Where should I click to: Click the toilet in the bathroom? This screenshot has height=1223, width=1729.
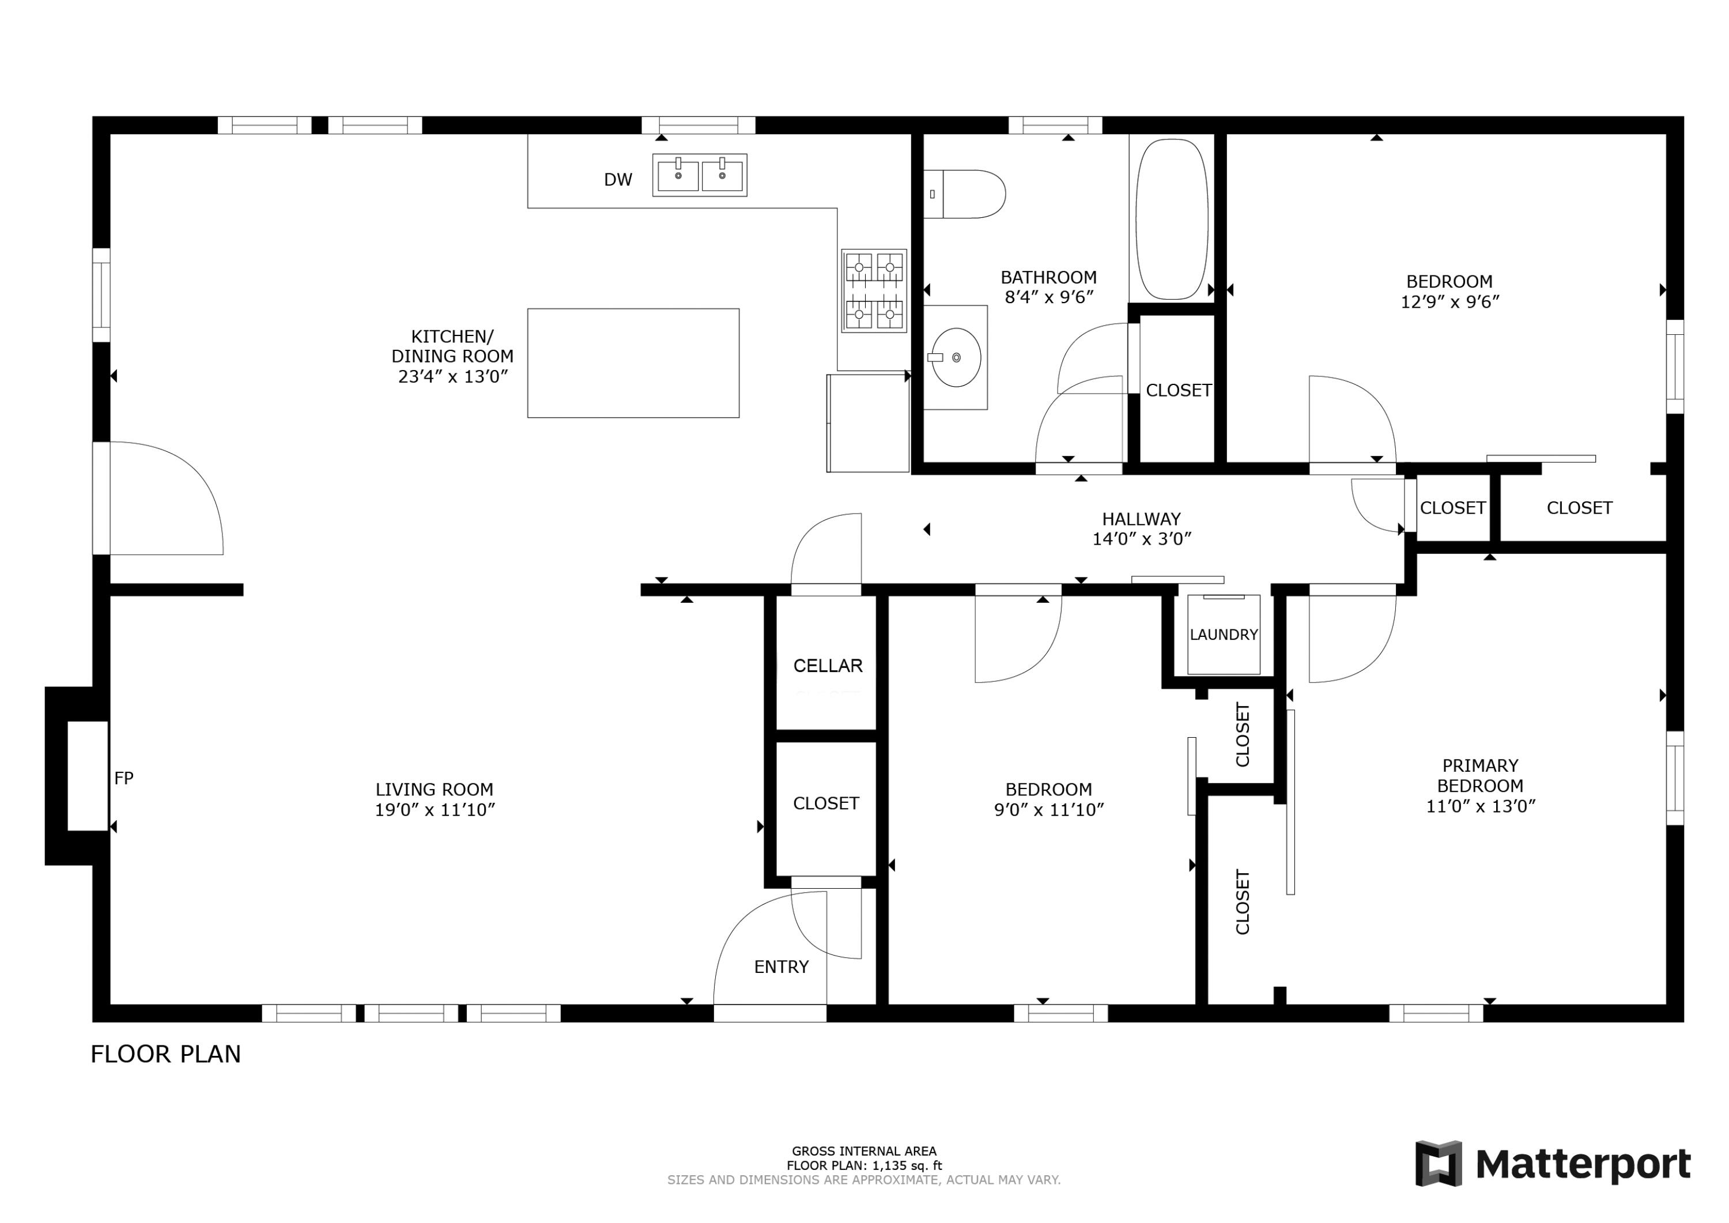click(968, 194)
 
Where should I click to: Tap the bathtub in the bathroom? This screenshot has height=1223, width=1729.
click(1172, 219)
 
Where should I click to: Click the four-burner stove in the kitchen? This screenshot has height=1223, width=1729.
click(874, 290)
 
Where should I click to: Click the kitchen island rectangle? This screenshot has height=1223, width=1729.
click(633, 363)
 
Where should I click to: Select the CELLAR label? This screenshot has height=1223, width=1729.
click(827, 666)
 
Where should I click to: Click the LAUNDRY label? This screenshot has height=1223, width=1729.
click(1223, 635)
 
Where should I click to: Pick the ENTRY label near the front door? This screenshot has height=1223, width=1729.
click(781, 967)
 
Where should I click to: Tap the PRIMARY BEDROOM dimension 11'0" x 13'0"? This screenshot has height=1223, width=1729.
click(1480, 806)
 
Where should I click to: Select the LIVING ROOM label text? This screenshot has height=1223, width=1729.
click(434, 789)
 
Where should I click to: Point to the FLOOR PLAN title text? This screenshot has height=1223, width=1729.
click(165, 1054)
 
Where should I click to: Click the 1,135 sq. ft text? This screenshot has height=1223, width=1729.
click(907, 1166)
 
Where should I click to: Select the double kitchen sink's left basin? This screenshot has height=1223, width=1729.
click(678, 175)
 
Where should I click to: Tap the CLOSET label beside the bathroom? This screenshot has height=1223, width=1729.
click(1178, 390)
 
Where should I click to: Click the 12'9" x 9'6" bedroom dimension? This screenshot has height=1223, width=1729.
click(1449, 302)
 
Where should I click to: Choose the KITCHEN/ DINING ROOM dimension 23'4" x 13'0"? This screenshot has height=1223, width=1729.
click(452, 376)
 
